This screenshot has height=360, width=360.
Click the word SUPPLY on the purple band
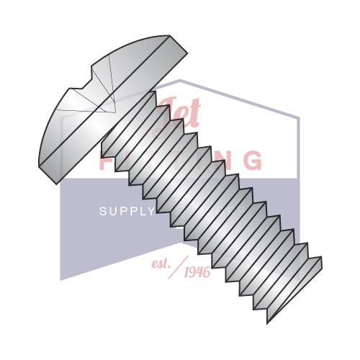click(126, 212)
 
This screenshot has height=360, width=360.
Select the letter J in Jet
click(165, 108)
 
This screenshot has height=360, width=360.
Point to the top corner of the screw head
click(170, 37)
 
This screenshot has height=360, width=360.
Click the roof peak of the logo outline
click(180, 80)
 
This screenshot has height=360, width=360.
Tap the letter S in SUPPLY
click(102, 212)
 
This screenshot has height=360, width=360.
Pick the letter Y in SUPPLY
click(150, 212)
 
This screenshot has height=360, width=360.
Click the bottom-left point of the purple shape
click(60, 279)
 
